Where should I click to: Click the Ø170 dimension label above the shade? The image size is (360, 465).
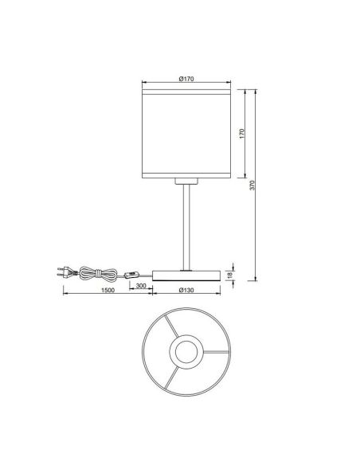click(x=185, y=78)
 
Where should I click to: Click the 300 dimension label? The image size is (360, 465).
click(x=140, y=285)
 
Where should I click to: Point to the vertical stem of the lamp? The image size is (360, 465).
click(x=186, y=227)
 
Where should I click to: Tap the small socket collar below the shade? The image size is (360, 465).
click(x=186, y=182)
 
